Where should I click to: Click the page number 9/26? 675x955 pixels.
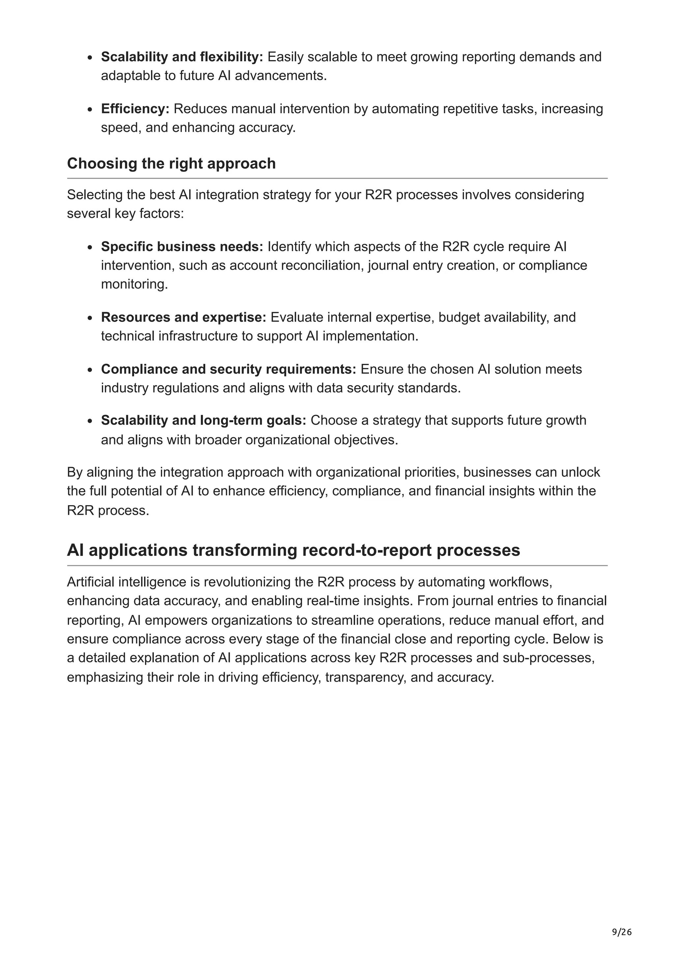pyautogui.click(x=621, y=932)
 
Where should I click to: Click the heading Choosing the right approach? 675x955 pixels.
pyautogui.click(x=171, y=163)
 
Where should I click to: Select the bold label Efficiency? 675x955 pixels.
pyautogui.click(x=135, y=108)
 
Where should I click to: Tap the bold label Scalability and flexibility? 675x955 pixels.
pyautogui.click(x=182, y=57)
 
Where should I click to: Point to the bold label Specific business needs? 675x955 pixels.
pyautogui.click(x=182, y=246)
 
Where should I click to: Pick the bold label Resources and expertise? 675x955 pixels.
pyautogui.click(x=183, y=317)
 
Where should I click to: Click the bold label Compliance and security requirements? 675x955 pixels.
pyautogui.click(x=228, y=369)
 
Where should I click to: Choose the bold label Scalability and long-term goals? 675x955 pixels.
pyautogui.click(x=203, y=420)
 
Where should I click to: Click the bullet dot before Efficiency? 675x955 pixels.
pyautogui.click(x=90, y=110)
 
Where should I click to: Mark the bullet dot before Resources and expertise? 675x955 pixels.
pyautogui.click(x=90, y=318)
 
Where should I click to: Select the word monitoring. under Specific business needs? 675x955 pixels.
pyautogui.click(x=134, y=284)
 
